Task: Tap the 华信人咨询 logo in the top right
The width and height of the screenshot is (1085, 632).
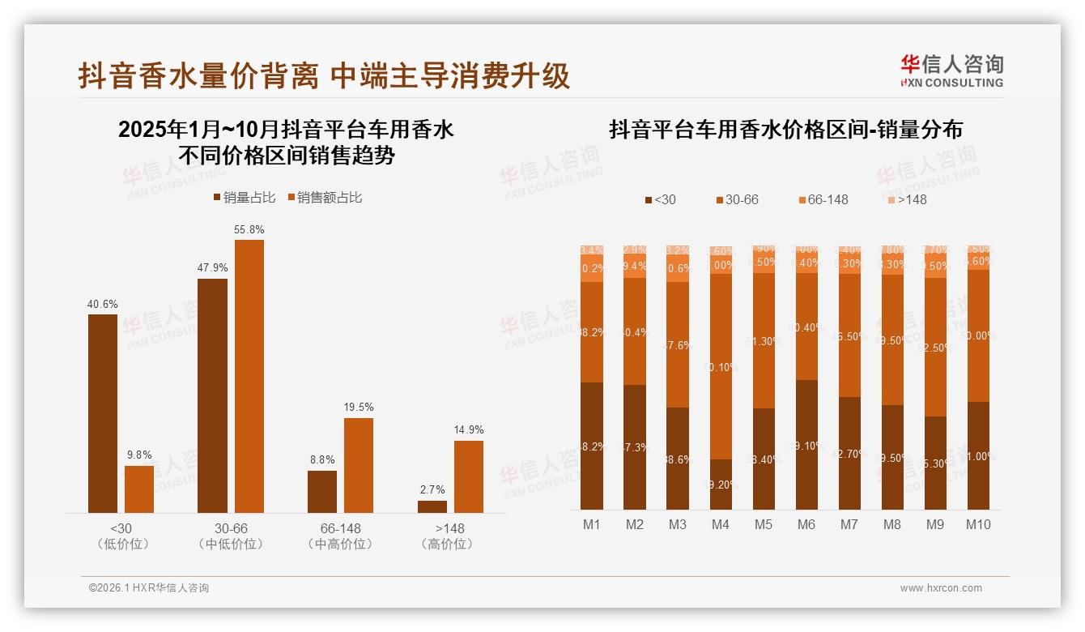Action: click(x=951, y=70)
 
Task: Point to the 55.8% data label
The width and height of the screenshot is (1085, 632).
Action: click(x=249, y=230)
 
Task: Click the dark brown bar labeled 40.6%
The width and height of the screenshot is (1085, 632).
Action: click(x=103, y=413)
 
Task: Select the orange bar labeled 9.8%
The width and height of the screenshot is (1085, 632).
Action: click(x=139, y=489)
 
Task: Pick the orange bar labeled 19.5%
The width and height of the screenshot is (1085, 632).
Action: click(x=359, y=465)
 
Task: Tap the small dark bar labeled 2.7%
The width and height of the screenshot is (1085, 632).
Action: click(x=432, y=506)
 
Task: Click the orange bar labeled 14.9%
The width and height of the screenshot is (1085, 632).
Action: click(x=469, y=476)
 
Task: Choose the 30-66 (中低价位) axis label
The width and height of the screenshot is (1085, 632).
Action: click(x=231, y=536)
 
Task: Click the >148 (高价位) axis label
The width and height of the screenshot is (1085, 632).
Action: click(x=450, y=536)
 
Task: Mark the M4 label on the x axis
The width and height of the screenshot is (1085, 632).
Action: click(x=721, y=525)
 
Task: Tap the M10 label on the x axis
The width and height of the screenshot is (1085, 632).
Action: click(x=977, y=525)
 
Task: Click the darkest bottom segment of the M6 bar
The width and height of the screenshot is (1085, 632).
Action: click(x=806, y=445)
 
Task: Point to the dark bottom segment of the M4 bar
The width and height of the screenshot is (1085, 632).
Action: click(x=721, y=485)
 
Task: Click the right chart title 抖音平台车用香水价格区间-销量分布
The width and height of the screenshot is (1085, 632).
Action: click(x=785, y=130)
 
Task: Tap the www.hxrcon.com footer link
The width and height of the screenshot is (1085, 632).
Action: click(x=941, y=588)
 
